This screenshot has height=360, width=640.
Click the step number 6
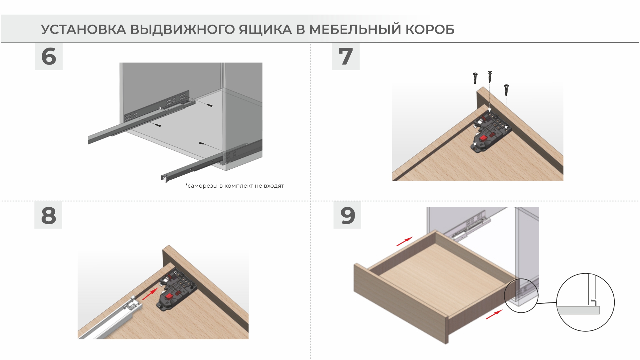point(49,56)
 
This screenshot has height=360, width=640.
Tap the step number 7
point(346,56)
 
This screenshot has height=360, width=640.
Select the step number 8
point(49,216)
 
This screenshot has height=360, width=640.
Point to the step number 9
point(348,216)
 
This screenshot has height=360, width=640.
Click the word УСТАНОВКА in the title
point(83,30)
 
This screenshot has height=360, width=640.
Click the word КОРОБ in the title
point(430,30)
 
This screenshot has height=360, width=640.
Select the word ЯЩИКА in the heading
point(265,30)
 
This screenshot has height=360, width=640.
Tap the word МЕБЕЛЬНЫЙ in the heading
point(355,30)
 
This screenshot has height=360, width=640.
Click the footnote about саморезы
point(235,186)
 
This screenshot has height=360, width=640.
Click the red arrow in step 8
point(150,294)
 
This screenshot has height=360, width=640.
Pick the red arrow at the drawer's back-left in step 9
point(404,242)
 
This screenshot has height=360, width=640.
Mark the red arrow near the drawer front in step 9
point(494,314)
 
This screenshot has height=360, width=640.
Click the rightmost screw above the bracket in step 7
point(506,90)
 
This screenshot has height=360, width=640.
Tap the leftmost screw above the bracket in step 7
point(475,79)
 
